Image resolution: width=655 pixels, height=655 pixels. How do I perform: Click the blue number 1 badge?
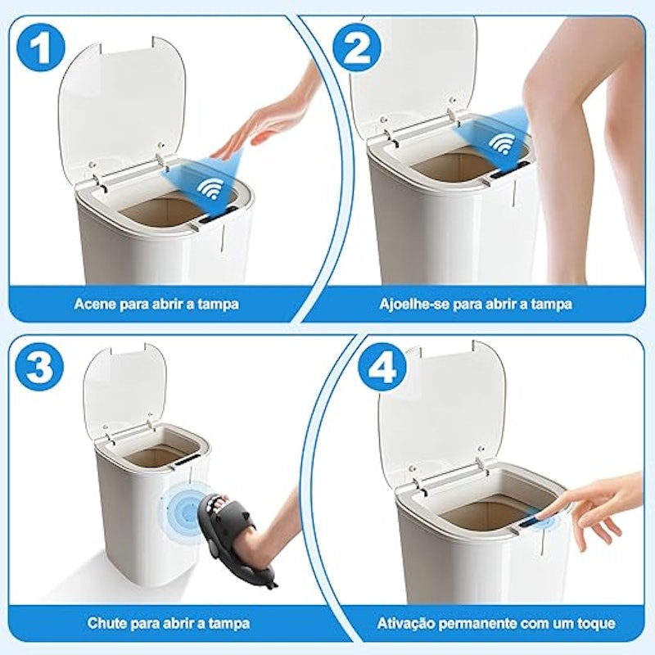(x=41, y=49)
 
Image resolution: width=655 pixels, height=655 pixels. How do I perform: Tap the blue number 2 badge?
(x=358, y=49)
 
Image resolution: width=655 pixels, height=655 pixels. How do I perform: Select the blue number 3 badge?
(x=40, y=368)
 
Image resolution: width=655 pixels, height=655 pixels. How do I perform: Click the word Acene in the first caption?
(x=95, y=304)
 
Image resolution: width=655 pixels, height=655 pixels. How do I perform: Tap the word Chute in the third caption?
(x=107, y=624)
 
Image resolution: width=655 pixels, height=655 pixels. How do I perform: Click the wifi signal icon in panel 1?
(x=210, y=189)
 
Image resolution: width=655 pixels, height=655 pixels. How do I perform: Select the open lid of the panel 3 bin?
(x=124, y=391)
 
